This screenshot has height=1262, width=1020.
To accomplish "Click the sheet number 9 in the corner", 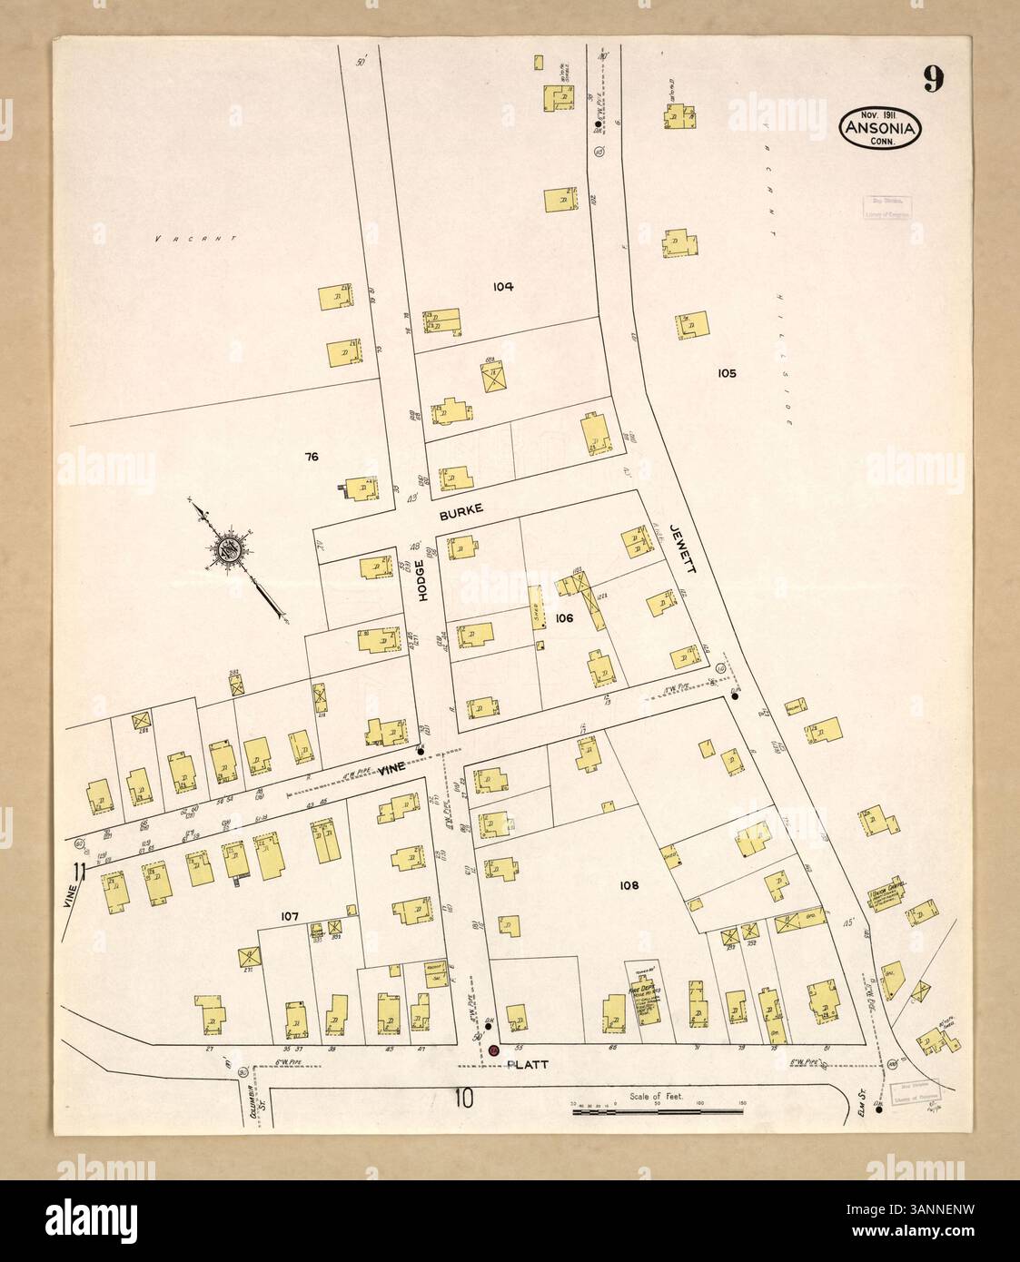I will [934, 80].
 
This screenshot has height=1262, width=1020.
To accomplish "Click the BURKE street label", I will [459, 514].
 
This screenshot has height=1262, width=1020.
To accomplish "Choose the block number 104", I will [503, 287].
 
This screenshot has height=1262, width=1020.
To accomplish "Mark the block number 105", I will [726, 373].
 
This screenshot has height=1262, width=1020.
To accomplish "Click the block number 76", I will [312, 457].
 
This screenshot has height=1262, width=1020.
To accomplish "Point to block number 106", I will [565, 618].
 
